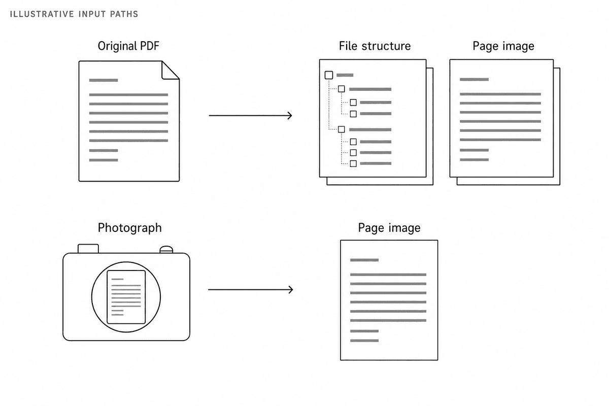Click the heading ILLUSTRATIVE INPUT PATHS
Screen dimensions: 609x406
[x=74, y=14]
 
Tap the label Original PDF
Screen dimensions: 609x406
[x=128, y=46]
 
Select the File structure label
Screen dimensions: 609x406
[x=375, y=46]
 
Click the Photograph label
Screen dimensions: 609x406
[x=130, y=228]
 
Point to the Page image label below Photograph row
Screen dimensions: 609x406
[x=389, y=228]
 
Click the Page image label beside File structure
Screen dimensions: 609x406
[x=503, y=46]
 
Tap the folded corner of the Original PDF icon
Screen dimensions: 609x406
[x=170, y=70]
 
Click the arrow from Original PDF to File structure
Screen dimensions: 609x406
[x=250, y=116]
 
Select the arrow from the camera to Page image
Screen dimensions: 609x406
[x=250, y=290]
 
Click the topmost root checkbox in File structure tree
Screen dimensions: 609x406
[x=329, y=75]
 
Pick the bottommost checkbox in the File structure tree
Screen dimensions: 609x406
[x=353, y=163]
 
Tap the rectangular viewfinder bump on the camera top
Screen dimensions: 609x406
[x=88, y=249]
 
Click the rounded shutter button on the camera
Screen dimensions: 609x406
[x=166, y=250]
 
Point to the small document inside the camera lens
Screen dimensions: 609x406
[x=126, y=297]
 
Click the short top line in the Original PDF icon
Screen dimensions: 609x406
[x=104, y=80]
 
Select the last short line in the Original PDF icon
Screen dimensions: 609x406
[x=104, y=160]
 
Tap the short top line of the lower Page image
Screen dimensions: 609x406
[x=364, y=260]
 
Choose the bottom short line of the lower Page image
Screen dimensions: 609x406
[x=364, y=341]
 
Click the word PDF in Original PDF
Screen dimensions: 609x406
[x=149, y=46]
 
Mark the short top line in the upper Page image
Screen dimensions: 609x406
[x=474, y=79]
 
